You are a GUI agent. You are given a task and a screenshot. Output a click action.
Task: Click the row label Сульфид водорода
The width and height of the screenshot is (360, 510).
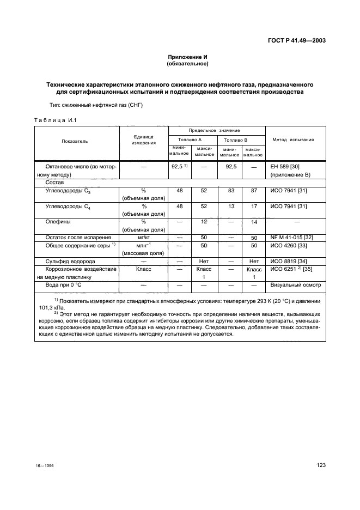(66, 261)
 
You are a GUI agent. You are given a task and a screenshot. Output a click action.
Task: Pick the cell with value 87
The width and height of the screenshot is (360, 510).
(253, 191)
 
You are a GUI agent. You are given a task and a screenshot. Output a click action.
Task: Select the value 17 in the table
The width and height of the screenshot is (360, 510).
(253, 207)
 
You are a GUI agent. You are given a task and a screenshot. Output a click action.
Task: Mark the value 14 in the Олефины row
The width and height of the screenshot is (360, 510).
(253, 222)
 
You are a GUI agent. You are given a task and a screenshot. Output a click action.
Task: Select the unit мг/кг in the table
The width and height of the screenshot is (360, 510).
(144, 238)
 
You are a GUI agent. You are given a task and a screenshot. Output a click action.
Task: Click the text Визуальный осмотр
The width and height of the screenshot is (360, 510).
(296, 284)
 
